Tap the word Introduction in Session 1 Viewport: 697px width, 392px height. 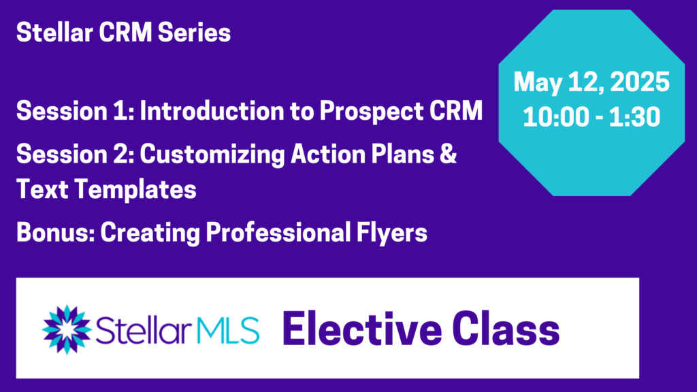point(212,111)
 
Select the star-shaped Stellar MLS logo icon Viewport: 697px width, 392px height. point(67,329)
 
